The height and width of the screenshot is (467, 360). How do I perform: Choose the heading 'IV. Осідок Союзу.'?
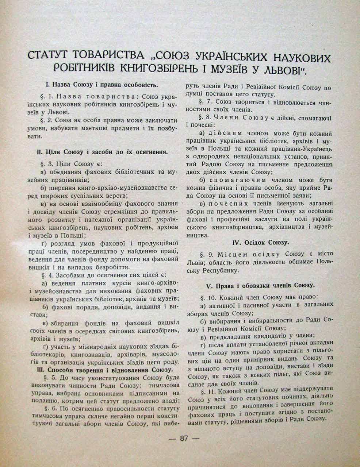261,242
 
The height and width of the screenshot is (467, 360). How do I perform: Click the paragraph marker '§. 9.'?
207,254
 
